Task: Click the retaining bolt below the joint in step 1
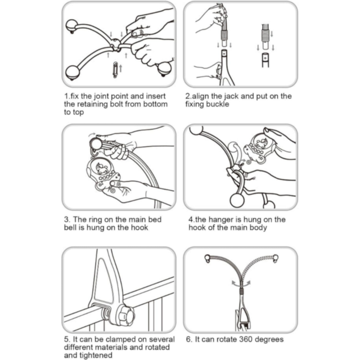tap(115, 70)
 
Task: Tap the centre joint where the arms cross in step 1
tap(115, 44)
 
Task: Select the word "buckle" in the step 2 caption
tap(218, 104)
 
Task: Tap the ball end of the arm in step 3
tap(96, 144)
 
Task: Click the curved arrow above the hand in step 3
tap(92, 134)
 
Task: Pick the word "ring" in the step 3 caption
tap(95, 220)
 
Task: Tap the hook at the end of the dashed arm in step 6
tap(276, 258)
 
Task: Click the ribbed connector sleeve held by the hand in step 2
tap(224, 35)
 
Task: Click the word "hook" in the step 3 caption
tap(139, 227)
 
